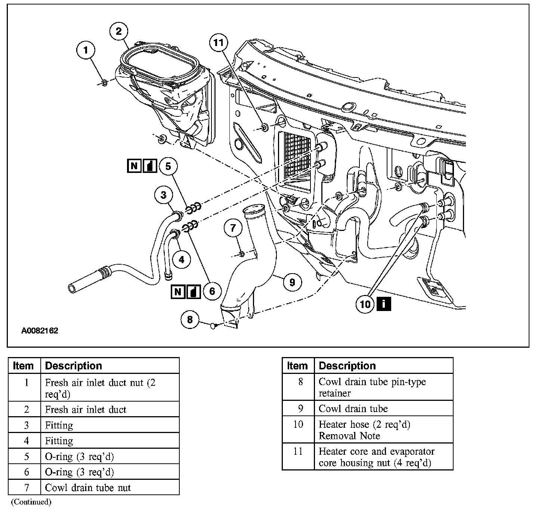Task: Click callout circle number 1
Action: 86,50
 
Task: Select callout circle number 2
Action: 119,31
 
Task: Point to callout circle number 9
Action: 292,281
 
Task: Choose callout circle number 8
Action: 190,320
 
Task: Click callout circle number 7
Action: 233,228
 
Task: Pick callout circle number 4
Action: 182,259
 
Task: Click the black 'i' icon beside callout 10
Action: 384,304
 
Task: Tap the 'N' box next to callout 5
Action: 134,165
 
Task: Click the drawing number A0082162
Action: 40,331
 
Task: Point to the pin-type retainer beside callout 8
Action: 213,326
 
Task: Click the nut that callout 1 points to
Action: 104,82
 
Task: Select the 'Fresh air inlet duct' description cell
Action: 86,409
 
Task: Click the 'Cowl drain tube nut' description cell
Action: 88,487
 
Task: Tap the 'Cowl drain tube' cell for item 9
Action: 353,409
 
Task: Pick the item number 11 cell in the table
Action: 298,451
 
